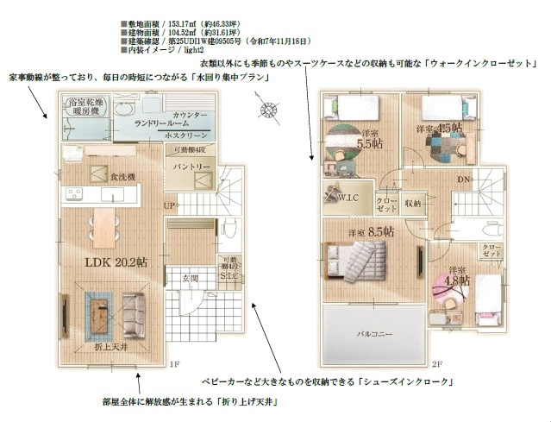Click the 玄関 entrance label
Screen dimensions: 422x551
coord(190,278)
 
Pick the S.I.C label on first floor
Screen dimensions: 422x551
coord(229,277)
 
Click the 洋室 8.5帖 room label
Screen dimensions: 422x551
coord(372,232)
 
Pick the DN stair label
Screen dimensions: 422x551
coord(462,180)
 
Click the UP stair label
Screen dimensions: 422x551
coord(169,205)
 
